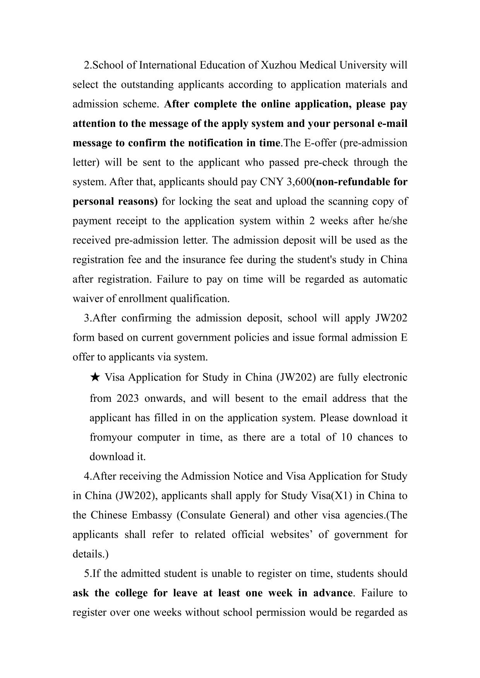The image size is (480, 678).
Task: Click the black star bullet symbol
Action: click(x=95, y=377)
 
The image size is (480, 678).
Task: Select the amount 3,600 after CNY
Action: click(x=298, y=182)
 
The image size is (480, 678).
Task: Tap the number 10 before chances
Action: click(x=347, y=437)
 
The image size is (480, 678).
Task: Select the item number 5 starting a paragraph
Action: click(x=86, y=574)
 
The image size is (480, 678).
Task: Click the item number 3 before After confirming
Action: click(x=86, y=318)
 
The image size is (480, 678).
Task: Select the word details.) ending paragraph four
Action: click(x=91, y=554)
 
